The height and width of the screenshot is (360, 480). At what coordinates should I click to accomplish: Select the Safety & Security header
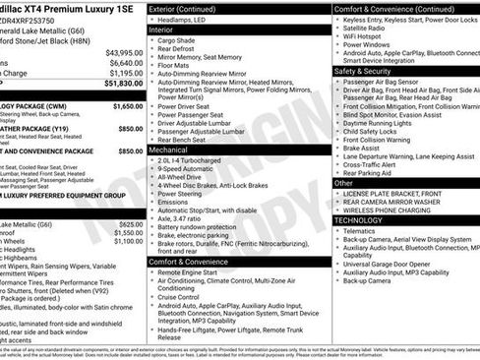(x=363, y=71)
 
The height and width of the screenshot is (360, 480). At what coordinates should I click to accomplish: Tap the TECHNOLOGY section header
(x=359, y=219)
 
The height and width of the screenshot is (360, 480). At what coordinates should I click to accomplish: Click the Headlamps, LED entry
(x=189, y=19)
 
